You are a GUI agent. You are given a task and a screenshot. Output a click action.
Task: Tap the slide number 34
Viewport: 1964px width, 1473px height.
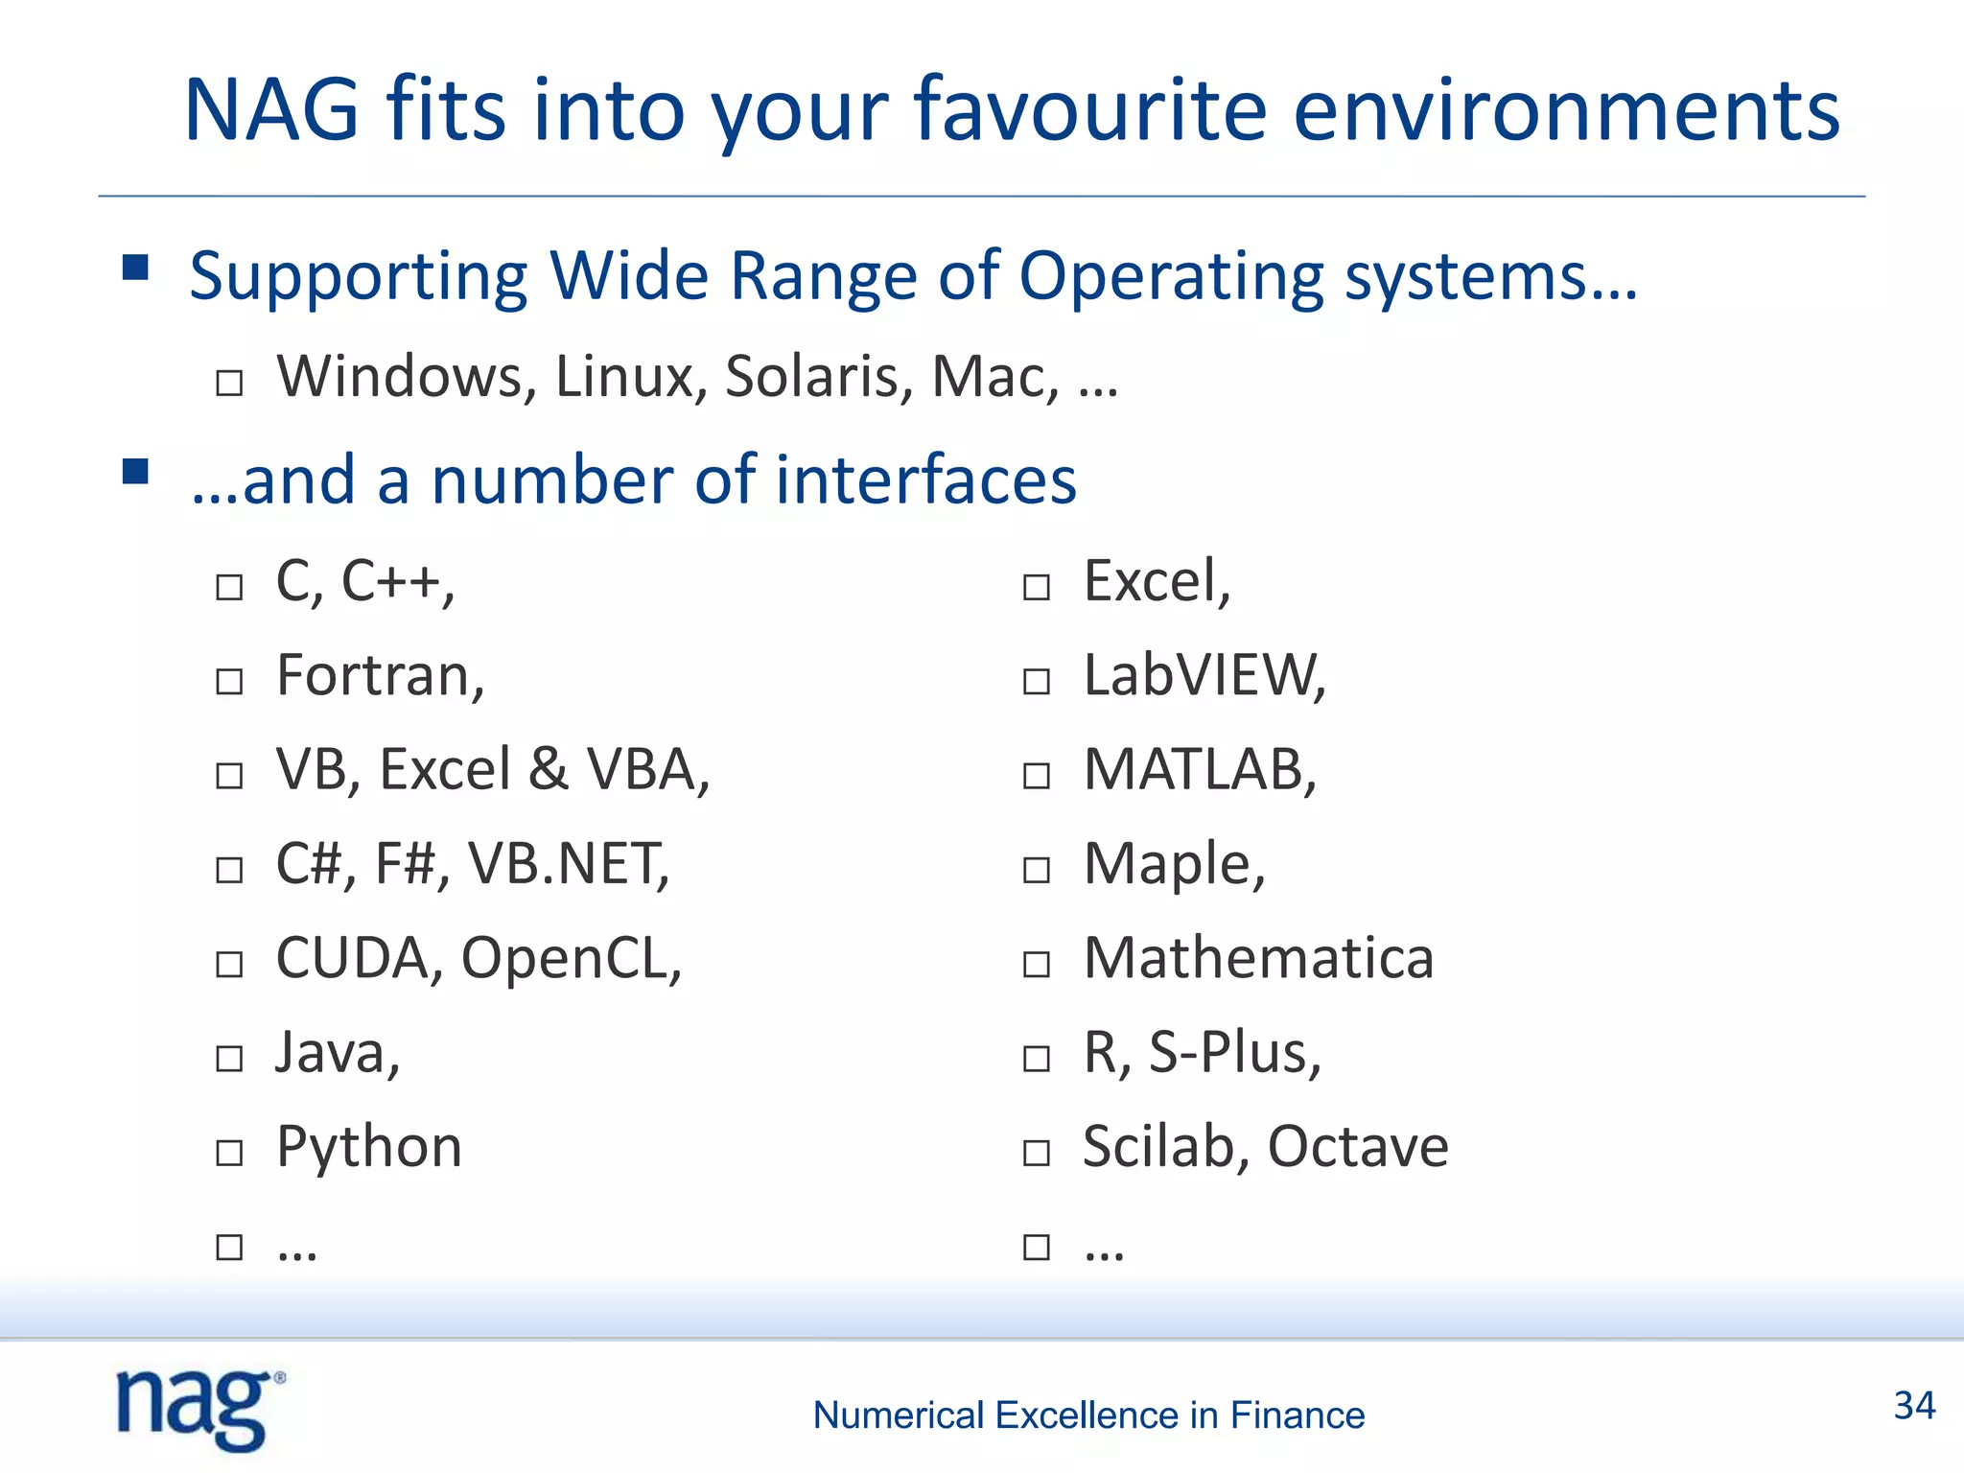tap(1914, 1406)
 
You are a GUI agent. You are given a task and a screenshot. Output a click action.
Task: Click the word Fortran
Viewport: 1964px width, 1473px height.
tap(378, 675)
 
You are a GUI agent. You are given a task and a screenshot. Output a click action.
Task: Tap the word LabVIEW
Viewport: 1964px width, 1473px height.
tap(1203, 675)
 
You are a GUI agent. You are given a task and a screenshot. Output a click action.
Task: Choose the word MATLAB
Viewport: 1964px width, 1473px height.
tap(1199, 769)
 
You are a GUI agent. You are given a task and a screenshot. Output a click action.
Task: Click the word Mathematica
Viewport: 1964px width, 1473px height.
tap(1258, 957)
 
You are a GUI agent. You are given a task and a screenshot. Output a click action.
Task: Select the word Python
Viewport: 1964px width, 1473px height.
tap(369, 1147)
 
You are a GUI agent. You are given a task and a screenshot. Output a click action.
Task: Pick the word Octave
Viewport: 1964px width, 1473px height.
tap(1358, 1146)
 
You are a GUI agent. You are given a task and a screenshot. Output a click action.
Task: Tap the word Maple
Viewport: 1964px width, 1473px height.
tap(1172, 865)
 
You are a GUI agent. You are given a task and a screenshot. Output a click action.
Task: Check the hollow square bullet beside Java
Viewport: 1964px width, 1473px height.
tap(229, 1059)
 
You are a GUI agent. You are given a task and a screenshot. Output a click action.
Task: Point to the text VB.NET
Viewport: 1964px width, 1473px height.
tap(567, 863)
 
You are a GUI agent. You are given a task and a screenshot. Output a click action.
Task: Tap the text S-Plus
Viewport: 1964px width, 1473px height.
tap(1233, 1052)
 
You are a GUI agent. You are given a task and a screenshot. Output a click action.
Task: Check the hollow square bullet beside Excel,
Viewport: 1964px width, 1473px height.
tap(1037, 587)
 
